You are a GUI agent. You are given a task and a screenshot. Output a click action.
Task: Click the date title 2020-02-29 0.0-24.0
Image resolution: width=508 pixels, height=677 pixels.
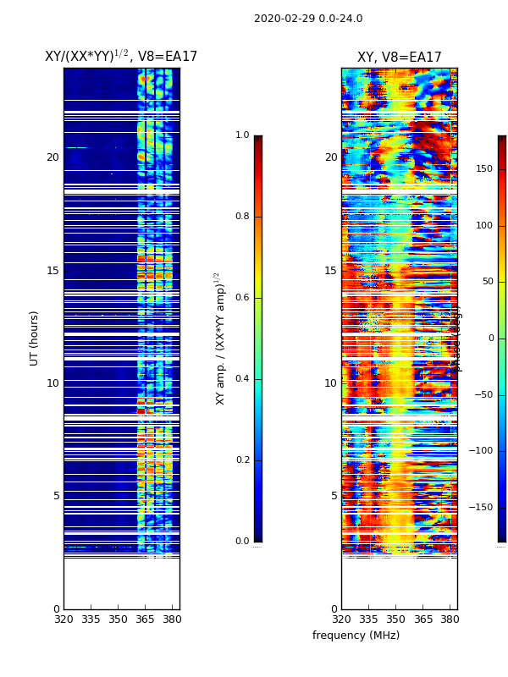click(x=308, y=19)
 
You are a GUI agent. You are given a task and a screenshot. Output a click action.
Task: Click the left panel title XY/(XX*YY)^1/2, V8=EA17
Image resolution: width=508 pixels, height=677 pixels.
click(x=121, y=57)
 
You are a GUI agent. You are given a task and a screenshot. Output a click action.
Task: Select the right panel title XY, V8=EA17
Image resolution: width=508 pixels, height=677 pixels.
click(x=399, y=58)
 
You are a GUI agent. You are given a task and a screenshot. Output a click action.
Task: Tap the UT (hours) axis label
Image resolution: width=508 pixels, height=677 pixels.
click(x=35, y=338)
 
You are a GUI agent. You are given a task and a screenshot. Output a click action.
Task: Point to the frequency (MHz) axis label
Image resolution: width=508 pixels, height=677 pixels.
click(x=356, y=636)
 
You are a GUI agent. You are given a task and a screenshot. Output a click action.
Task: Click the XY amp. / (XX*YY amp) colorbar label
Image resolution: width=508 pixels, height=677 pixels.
click(x=220, y=338)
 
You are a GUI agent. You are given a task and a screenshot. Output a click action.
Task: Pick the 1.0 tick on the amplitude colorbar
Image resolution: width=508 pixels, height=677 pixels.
click(x=242, y=135)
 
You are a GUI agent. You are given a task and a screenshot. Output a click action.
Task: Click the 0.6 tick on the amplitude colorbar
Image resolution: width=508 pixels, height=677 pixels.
click(x=242, y=298)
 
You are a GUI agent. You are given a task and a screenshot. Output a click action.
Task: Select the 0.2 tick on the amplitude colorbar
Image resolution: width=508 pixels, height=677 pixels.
click(x=242, y=460)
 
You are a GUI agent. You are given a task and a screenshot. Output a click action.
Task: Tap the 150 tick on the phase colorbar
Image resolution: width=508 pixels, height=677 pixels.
click(x=484, y=169)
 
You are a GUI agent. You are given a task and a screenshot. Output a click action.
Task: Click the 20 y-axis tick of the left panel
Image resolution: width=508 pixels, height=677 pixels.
click(x=52, y=157)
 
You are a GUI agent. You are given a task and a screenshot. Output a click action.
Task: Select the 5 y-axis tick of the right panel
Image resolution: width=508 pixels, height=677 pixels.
click(x=334, y=496)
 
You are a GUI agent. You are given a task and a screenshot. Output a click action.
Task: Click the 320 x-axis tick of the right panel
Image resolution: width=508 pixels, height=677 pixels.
click(x=341, y=619)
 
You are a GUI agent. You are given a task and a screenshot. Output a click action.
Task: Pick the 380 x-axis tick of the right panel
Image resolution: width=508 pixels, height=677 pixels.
click(x=450, y=619)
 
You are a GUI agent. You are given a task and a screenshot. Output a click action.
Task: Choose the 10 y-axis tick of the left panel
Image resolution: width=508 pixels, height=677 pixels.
click(x=52, y=383)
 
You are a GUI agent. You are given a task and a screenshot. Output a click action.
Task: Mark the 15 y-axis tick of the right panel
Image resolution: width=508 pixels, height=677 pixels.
click(x=330, y=271)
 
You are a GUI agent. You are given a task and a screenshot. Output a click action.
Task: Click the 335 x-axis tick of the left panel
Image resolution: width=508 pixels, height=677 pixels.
click(x=91, y=619)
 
